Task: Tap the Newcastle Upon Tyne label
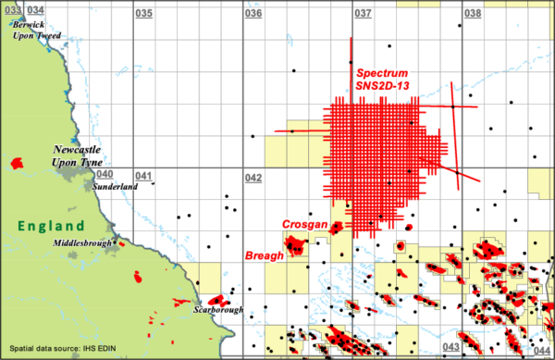[x=82, y=155]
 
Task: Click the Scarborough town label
[x=218, y=310]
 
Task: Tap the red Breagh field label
[x=262, y=254]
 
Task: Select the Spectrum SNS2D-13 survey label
[x=383, y=79]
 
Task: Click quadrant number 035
[x=144, y=14]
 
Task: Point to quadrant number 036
[x=252, y=14]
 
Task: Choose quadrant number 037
[x=363, y=14]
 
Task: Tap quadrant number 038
[x=472, y=14]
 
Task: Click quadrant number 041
[x=143, y=176]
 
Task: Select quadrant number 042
[x=252, y=177]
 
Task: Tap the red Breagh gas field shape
[x=296, y=245]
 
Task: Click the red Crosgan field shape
[x=338, y=226]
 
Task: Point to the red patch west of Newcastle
[x=16, y=164]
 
